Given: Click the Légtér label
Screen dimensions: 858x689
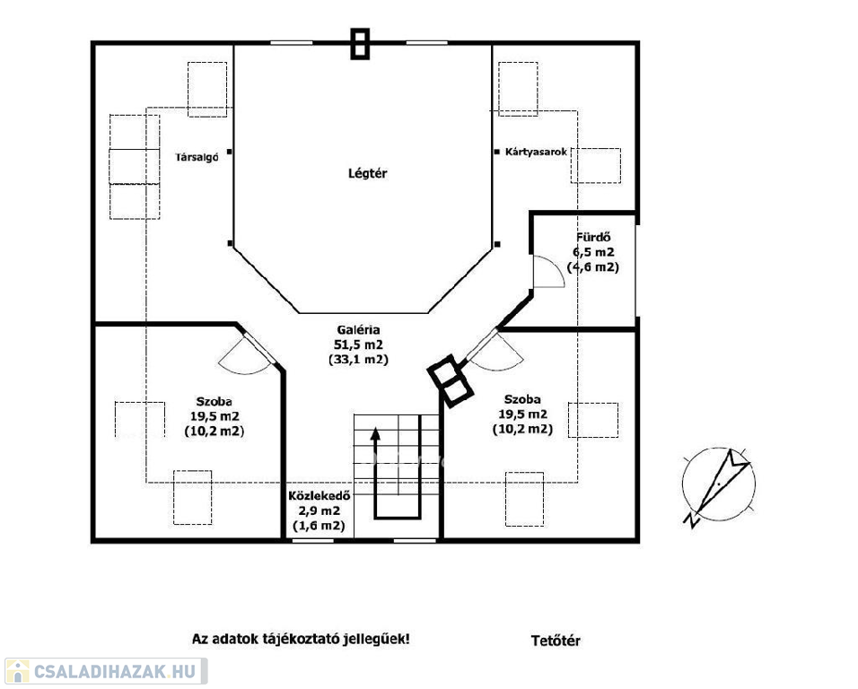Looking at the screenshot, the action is pos(368,173).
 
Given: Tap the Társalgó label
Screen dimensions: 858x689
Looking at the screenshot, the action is pos(197,158).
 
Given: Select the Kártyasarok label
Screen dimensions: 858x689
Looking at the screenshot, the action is pos(537,152).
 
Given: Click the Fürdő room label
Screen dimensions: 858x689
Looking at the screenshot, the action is pos(593,238).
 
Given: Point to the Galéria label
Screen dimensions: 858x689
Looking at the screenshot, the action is pos(358,330).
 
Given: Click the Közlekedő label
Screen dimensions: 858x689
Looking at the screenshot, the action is pos(319,496).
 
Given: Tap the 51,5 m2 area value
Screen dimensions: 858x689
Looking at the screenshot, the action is pos(358,344).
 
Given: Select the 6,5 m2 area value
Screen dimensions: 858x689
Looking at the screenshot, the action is pos(593,252).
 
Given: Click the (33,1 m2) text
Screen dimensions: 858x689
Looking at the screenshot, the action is pos(358,360).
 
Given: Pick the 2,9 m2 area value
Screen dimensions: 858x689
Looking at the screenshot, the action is pos(319,510).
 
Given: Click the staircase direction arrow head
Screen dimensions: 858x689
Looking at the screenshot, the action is pos(375,433).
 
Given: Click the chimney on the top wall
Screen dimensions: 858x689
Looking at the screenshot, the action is pos(360,44).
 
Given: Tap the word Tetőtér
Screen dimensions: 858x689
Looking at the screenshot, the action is pos(556,641).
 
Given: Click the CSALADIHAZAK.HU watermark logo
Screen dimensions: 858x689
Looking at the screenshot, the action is pos(104,671).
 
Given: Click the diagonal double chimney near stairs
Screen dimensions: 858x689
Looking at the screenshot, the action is pos(450,381).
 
